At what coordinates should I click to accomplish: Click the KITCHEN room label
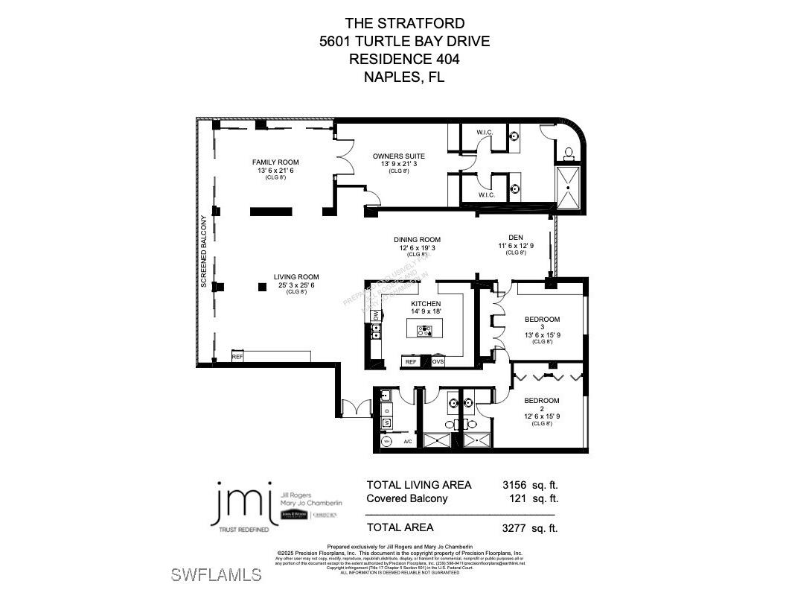coord(426,304)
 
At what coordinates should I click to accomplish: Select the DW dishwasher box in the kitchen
coord(376,316)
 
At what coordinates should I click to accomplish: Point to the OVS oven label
coord(438,361)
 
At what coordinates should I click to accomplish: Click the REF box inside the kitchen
coord(409,361)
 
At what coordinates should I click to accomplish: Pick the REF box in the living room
coord(237,357)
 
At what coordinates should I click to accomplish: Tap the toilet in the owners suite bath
coord(569,153)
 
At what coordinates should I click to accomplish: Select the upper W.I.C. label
coord(485,133)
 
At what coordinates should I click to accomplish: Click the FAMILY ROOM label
coord(275,162)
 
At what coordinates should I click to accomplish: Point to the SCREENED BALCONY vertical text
coord(203,250)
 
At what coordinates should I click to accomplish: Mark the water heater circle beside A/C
coord(386,442)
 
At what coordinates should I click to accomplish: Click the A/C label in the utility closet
coord(407,442)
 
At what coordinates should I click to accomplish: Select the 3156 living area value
coord(514,484)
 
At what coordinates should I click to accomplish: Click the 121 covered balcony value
coord(519,498)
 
